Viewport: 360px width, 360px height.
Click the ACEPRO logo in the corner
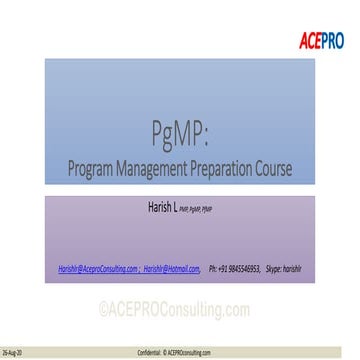[x=321, y=40]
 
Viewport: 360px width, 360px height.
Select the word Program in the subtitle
[x=95, y=169]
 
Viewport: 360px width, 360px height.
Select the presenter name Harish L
[x=161, y=209]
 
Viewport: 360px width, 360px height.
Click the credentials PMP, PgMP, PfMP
[x=198, y=211]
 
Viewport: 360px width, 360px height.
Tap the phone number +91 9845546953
[x=241, y=268]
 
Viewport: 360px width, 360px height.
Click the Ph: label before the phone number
[x=213, y=268]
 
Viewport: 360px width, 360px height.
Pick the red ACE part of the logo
[x=310, y=40]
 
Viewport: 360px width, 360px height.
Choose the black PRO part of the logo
[x=332, y=40]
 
